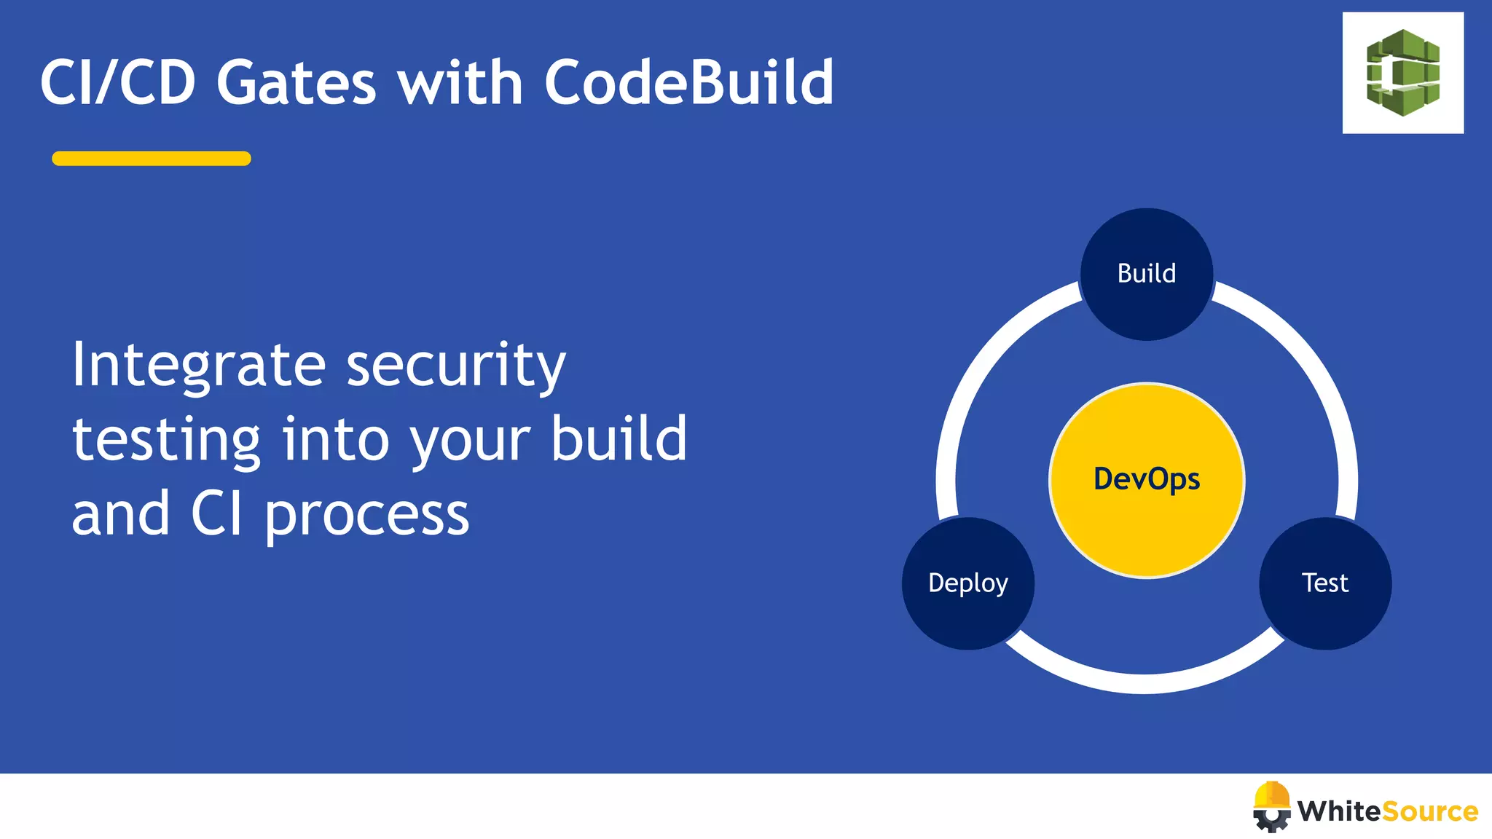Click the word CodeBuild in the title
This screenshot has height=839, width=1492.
[x=688, y=82]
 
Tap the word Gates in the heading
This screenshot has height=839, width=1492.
[x=296, y=82]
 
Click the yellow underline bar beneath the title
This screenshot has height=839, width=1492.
[x=152, y=159]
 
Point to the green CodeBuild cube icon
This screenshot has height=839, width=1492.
[x=1402, y=73]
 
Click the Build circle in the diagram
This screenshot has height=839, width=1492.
[x=1146, y=274]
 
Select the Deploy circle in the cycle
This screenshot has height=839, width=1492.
[x=967, y=583]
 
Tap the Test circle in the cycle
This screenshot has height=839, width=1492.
[x=1325, y=583]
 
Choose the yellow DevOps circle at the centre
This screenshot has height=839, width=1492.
[x=1146, y=480]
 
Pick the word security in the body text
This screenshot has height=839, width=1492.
[x=456, y=365]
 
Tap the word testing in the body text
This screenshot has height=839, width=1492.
[x=166, y=440]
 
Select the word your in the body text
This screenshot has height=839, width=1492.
[x=470, y=441]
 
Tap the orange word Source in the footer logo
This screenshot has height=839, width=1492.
[x=1429, y=811]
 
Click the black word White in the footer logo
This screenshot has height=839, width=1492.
[x=1338, y=811]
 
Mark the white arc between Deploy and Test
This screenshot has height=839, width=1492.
[x=1144, y=682]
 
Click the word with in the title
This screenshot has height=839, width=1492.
[x=460, y=82]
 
